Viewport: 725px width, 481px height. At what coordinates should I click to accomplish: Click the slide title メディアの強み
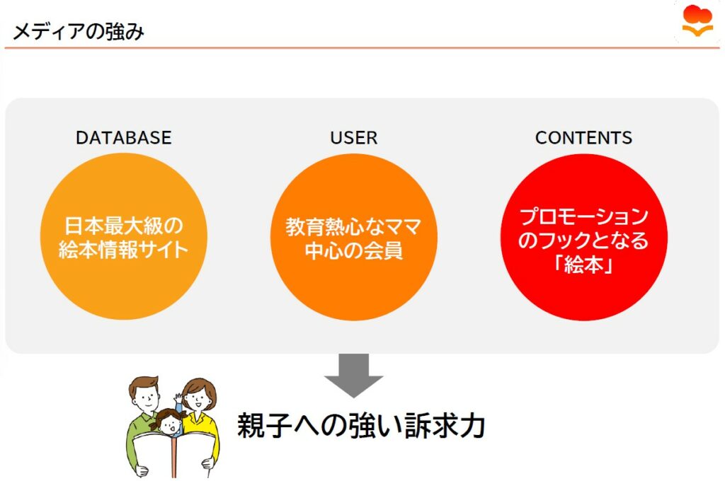pos(79,31)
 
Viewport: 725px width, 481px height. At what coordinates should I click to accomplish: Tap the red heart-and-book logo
pos(697,21)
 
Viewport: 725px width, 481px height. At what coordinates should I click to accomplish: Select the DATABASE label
pos(123,138)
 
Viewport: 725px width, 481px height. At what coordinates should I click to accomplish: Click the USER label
pos(354,138)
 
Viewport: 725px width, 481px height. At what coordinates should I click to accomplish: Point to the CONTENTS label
pos(583,138)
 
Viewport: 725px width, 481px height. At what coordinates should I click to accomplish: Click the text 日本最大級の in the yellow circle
pos(123,226)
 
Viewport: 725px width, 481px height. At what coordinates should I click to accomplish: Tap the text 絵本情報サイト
pos(123,250)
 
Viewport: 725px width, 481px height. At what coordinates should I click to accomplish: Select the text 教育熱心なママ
pos(354,226)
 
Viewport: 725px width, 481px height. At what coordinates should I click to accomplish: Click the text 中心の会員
pos(354,250)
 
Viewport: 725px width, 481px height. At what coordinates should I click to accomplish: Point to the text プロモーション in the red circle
pos(584,216)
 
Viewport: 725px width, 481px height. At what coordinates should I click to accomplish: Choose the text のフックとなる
pos(583,240)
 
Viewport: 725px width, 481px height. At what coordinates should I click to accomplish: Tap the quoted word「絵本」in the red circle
pos(583,265)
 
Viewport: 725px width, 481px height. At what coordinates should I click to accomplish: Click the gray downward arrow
pos(354,375)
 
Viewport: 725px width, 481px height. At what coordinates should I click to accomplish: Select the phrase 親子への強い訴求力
pos(362,426)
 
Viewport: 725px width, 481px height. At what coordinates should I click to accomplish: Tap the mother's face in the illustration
pos(198,399)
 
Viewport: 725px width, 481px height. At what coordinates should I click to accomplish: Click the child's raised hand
pos(178,398)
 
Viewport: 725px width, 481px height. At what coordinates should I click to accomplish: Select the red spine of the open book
pos(174,458)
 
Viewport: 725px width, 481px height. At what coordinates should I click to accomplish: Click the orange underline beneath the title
pos(362,47)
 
